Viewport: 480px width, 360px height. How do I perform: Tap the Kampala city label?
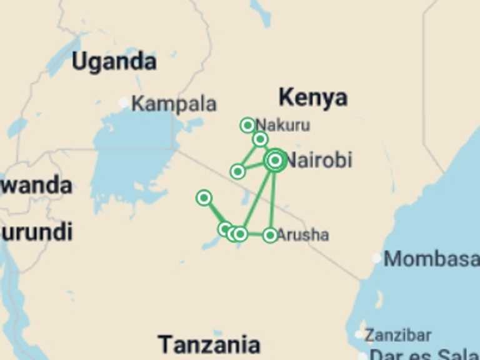point(174,103)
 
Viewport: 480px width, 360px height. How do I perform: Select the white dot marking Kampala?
point(124,102)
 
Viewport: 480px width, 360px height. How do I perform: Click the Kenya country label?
point(312,97)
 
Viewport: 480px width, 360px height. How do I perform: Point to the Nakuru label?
point(282,124)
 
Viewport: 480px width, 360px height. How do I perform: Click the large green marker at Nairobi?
point(275,161)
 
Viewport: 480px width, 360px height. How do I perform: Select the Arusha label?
point(302,235)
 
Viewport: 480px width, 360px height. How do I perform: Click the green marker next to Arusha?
point(270,235)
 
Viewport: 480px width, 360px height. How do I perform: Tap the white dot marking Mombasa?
point(377,258)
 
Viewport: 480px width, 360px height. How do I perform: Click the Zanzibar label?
point(397,335)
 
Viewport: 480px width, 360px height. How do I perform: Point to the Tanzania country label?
point(208,344)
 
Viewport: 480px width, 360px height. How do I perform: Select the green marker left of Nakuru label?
point(247,125)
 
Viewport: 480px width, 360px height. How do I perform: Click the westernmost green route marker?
point(204,198)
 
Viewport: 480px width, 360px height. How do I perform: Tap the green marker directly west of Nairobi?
point(237,171)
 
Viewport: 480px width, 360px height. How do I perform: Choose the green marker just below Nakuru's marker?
point(261,139)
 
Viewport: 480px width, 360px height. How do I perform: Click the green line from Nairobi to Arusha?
point(272,200)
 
